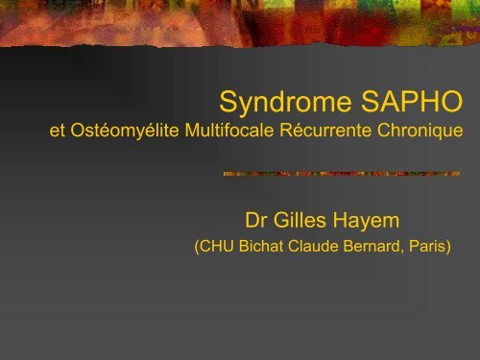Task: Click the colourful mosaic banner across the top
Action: pyautogui.click(x=240, y=24)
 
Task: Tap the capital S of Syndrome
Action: pyautogui.click(x=228, y=101)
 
